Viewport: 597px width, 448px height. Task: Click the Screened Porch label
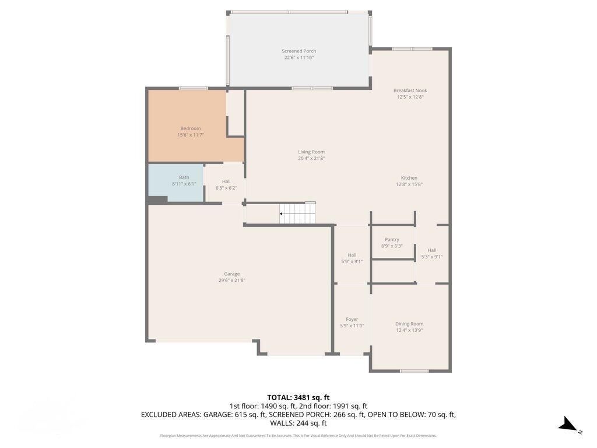pyautogui.click(x=298, y=51)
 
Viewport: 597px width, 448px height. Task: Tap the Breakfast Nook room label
pyautogui.click(x=410, y=90)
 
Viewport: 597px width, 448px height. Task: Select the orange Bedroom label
pyautogui.click(x=190, y=128)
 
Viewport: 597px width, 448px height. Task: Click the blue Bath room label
pyautogui.click(x=184, y=177)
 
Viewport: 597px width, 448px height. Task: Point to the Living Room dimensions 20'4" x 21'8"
pyautogui.click(x=311, y=158)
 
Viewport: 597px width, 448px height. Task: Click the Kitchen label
pyautogui.click(x=409, y=178)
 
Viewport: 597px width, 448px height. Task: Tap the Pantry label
pyautogui.click(x=392, y=239)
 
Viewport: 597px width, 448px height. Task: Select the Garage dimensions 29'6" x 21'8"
pyautogui.click(x=232, y=281)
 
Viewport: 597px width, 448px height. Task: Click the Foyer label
pyautogui.click(x=352, y=319)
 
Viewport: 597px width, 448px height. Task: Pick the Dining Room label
pyautogui.click(x=409, y=324)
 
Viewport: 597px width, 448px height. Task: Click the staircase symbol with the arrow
pyautogui.click(x=297, y=213)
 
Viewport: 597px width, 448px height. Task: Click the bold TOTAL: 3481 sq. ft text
pyautogui.click(x=298, y=397)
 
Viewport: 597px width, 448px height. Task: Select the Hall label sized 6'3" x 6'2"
pyautogui.click(x=226, y=181)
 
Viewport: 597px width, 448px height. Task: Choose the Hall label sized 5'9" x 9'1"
pyautogui.click(x=352, y=255)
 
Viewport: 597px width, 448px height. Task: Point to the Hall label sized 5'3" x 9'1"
pyautogui.click(x=432, y=250)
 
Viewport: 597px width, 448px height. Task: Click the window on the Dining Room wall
pyautogui.click(x=415, y=370)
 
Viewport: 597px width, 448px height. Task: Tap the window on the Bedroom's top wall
pyautogui.click(x=193, y=88)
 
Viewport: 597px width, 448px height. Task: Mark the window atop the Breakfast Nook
pyautogui.click(x=412, y=49)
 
